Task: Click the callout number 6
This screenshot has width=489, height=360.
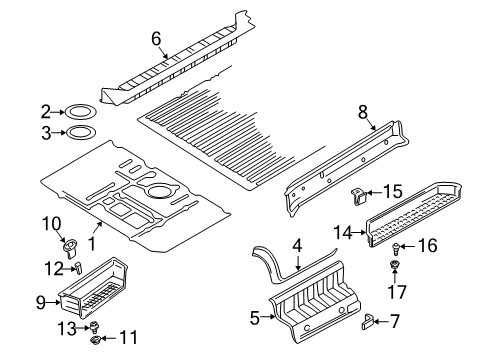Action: click(x=156, y=39)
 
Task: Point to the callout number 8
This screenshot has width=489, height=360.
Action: click(x=363, y=112)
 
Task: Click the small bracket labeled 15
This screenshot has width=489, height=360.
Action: click(x=359, y=196)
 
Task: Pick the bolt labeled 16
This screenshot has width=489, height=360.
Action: click(x=395, y=248)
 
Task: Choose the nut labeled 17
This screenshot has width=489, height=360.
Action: click(x=394, y=265)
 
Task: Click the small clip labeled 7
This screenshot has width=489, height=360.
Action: click(x=367, y=321)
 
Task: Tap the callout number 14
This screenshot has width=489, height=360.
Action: click(x=343, y=233)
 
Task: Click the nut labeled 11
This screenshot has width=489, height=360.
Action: click(x=95, y=340)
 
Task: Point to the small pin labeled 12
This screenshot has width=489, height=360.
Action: click(x=78, y=268)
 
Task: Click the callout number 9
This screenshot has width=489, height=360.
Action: click(x=40, y=303)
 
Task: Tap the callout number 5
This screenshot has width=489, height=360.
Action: click(x=255, y=318)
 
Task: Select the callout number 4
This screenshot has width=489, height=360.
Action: click(x=297, y=246)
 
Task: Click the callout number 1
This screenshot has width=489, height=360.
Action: click(x=92, y=244)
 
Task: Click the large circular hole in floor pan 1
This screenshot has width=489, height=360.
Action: click(x=160, y=191)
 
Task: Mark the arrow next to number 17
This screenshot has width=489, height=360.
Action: click(x=394, y=276)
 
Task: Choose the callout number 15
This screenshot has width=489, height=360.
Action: click(x=392, y=192)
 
